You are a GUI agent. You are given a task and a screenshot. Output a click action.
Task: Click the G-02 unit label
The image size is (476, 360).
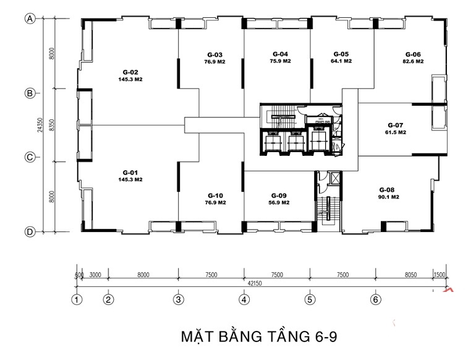(130, 72)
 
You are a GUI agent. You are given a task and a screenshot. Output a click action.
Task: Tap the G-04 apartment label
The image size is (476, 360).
(280, 54)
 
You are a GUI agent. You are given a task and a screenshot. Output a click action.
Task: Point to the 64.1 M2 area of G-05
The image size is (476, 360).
(341, 62)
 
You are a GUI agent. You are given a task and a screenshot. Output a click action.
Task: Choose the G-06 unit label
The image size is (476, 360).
(413, 54)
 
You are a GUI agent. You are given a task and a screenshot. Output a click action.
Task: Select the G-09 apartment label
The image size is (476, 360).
(278, 194)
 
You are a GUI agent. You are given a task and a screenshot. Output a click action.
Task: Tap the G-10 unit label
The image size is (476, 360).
(215, 194)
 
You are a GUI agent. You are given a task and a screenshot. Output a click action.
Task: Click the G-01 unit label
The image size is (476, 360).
(130, 172)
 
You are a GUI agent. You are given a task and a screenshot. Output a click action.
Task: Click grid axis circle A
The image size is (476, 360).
(29, 19)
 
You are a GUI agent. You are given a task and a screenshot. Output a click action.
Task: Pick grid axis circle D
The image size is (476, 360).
(29, 232)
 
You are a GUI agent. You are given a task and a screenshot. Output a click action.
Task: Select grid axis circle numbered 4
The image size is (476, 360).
(244, 300)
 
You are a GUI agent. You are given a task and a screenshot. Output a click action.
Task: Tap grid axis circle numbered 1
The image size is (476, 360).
(77, 300)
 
